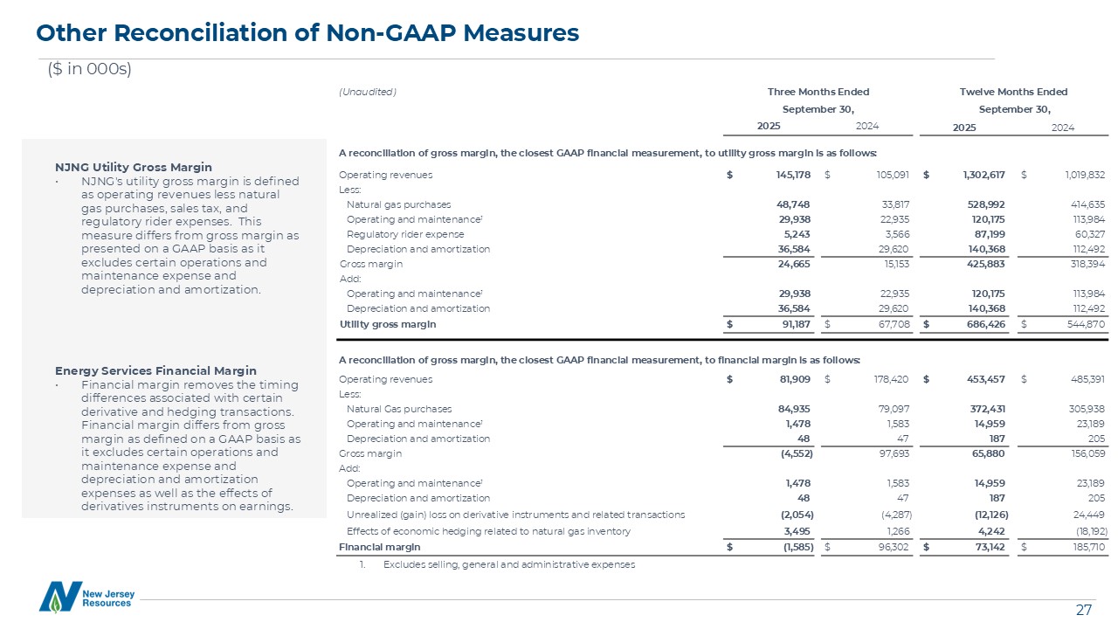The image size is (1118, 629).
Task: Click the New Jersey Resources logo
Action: (86, 597)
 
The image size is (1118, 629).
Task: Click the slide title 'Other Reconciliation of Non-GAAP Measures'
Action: (307, 33)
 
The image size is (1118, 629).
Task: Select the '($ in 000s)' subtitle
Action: (89, 70)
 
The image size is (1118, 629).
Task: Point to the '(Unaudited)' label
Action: (367, 92)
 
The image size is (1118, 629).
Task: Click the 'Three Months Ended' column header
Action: (818, 92)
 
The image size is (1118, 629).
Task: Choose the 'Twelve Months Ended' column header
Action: (1014, 92)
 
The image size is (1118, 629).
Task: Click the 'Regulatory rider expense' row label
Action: (405, 234)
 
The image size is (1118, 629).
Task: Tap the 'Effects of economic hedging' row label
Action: (488, 530)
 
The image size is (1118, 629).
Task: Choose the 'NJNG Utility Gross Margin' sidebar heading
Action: (133, 167)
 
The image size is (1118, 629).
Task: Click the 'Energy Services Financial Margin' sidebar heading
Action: (155, 370)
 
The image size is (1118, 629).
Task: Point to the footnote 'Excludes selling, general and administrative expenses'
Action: (508, 564)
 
